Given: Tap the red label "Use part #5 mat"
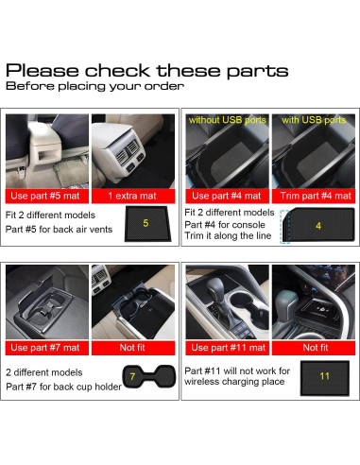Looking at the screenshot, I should point(47,195).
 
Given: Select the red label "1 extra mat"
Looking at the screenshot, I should point(132,195).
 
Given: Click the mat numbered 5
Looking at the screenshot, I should point(145,223).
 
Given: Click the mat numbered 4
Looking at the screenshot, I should point(317,227).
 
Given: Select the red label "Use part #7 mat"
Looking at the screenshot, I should point(47,347).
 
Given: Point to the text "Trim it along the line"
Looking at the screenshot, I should point(229,237).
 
